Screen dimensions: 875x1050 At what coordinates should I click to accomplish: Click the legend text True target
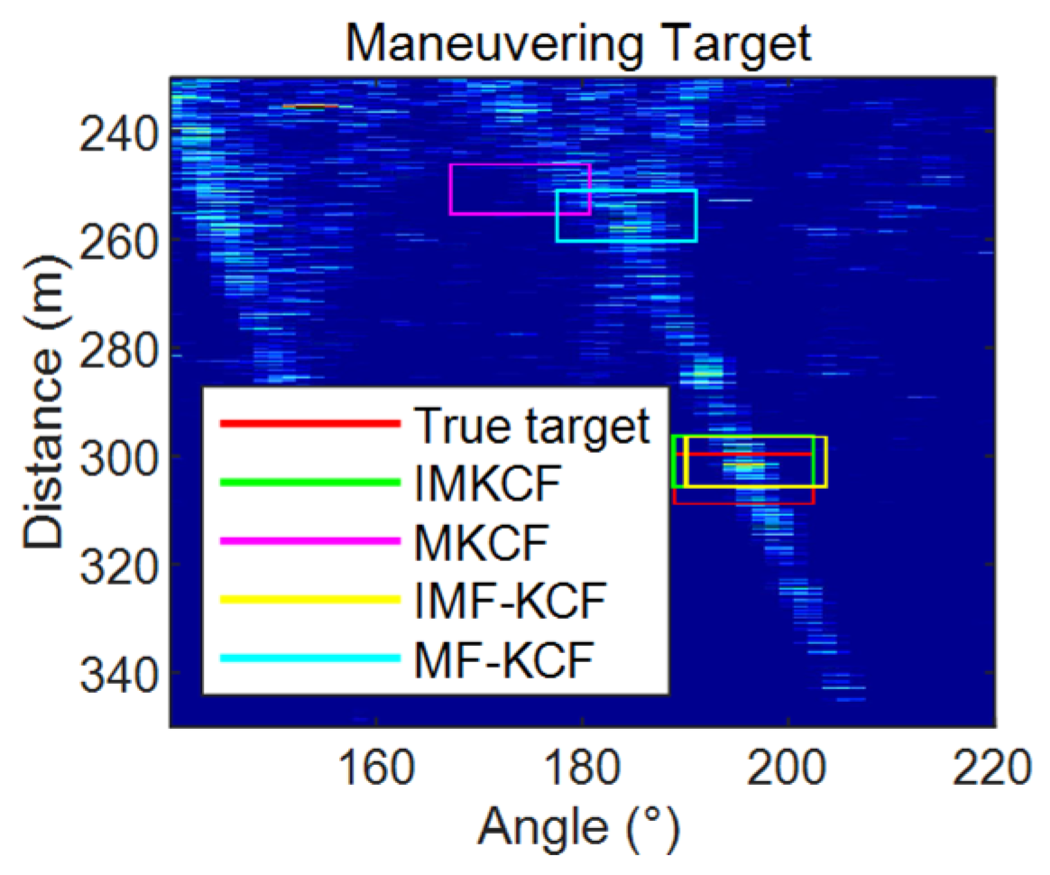531,425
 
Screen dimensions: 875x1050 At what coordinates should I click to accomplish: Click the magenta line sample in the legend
310,541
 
